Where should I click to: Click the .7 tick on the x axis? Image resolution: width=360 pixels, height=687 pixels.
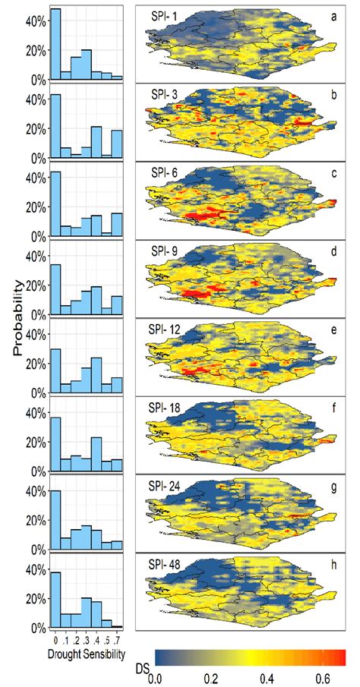[116, 638]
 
